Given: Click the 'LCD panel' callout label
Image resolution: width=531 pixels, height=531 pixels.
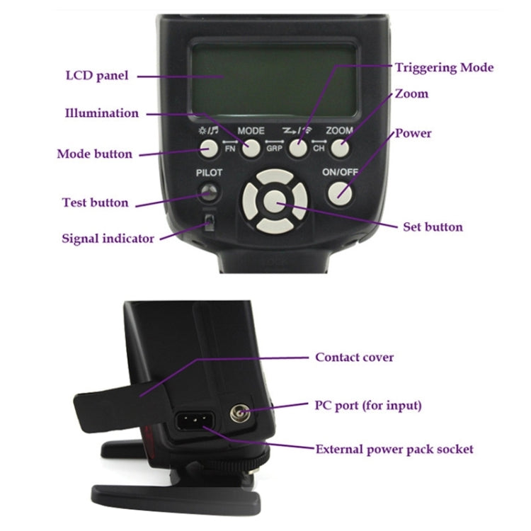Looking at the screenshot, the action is pyautogui.click(x=97, y=76).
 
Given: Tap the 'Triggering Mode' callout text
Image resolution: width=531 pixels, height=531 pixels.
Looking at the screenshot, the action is pyautogui.click(x=445, y=67).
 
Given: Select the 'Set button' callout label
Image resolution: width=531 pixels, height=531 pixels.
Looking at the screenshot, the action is pyautogui.click(x=433, y=227).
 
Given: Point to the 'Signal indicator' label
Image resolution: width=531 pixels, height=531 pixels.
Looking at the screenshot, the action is pyautogui.click(x=108, y=239).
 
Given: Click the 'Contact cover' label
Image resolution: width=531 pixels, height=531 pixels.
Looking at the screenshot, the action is pyautogui.click(x=354, y=357).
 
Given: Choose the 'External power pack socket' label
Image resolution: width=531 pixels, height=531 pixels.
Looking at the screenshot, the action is pyautogui.click(x=394, y=449).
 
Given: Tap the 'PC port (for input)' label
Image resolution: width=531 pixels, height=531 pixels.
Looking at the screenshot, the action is pyautogui.click(x=368, y=406).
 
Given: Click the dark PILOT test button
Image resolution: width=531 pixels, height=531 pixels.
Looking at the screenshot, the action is pyautogui.click(x=209, y=193).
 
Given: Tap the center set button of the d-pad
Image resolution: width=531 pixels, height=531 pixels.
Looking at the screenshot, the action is pyautogui.click(x=275, y=202).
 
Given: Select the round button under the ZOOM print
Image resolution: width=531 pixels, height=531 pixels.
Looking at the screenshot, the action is pyautogui.click(x=340, y=149).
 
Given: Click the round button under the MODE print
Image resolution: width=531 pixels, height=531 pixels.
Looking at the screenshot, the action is pyautogui.click(x=251, y=149).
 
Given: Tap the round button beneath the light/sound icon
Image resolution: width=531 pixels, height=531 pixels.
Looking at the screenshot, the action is pyautogui.click(x=209, y=149).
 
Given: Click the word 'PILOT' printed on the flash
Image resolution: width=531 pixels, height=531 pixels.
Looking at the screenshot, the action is pyautogui.click(x=209, y=173).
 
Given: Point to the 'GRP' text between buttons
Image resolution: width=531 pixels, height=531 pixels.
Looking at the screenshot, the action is pyautogui.click(x=274, y=149).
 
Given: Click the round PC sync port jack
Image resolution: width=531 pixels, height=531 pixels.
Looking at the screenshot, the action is pyautogui.click(x=239, y=413).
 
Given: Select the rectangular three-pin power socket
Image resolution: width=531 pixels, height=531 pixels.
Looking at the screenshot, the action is pyautogui.click(x=195, y=421).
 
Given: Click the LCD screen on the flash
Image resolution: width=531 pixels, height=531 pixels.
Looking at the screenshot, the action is pyautogui.click(x=274, y=80).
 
